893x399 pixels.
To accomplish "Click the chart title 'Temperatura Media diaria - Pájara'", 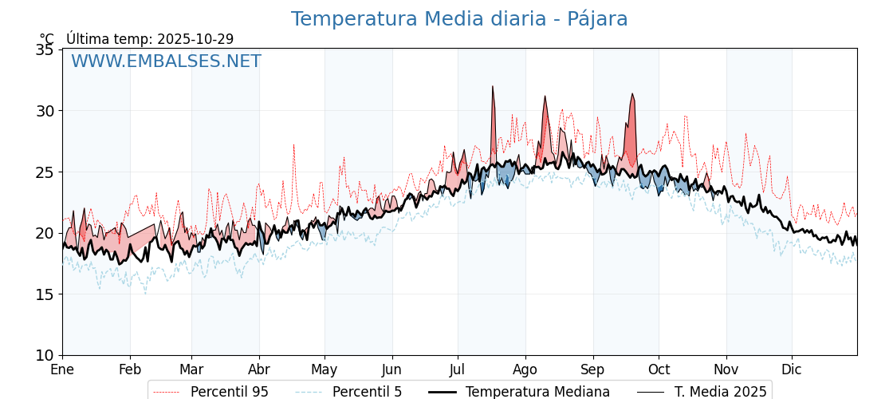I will pos(459,19).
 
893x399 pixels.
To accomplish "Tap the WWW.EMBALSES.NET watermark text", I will pos(166,61).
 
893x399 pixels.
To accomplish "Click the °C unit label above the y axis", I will pos(47,39).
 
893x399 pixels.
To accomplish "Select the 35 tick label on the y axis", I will pos(45,49).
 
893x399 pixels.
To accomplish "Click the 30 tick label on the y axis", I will pos(45,111).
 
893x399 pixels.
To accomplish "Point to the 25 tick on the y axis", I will pos(45,172).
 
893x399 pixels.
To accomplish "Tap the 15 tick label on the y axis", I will pos(45,294).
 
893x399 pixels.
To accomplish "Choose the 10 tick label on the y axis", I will pos(45,355).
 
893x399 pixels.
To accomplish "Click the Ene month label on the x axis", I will pos(62,369).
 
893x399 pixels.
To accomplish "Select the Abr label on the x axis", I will pos(259,369).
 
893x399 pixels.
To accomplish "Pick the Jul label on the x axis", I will pos(458,369).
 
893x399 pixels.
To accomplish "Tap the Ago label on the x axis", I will pos(525,369).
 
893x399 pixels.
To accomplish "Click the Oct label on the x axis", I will pos(659,369).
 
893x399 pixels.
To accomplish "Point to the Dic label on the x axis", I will pos(792,369).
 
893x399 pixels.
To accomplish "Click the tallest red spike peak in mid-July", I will pos(493,86).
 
